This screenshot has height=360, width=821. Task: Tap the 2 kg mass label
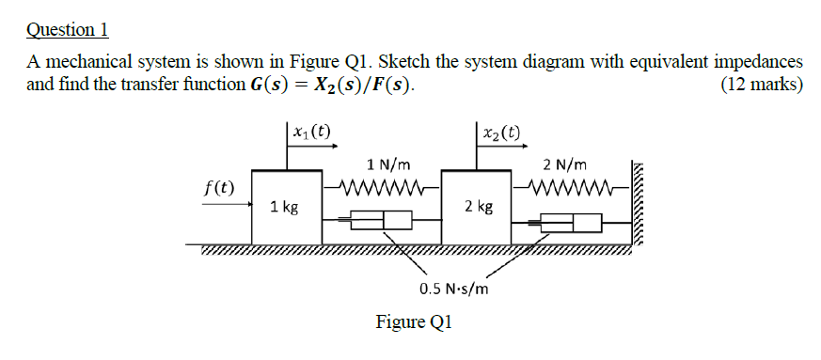(x=479, y=206)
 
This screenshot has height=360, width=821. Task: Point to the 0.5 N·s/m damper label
(x=453, y=289)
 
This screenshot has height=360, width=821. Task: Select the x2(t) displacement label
(x=502, y=132)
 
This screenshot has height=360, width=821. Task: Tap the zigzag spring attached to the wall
(x=574, y=183)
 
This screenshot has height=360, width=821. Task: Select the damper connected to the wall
(x=570, y=223)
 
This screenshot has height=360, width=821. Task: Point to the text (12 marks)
(x=761, y=86)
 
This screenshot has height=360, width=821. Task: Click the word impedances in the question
(x=759, y=63)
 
